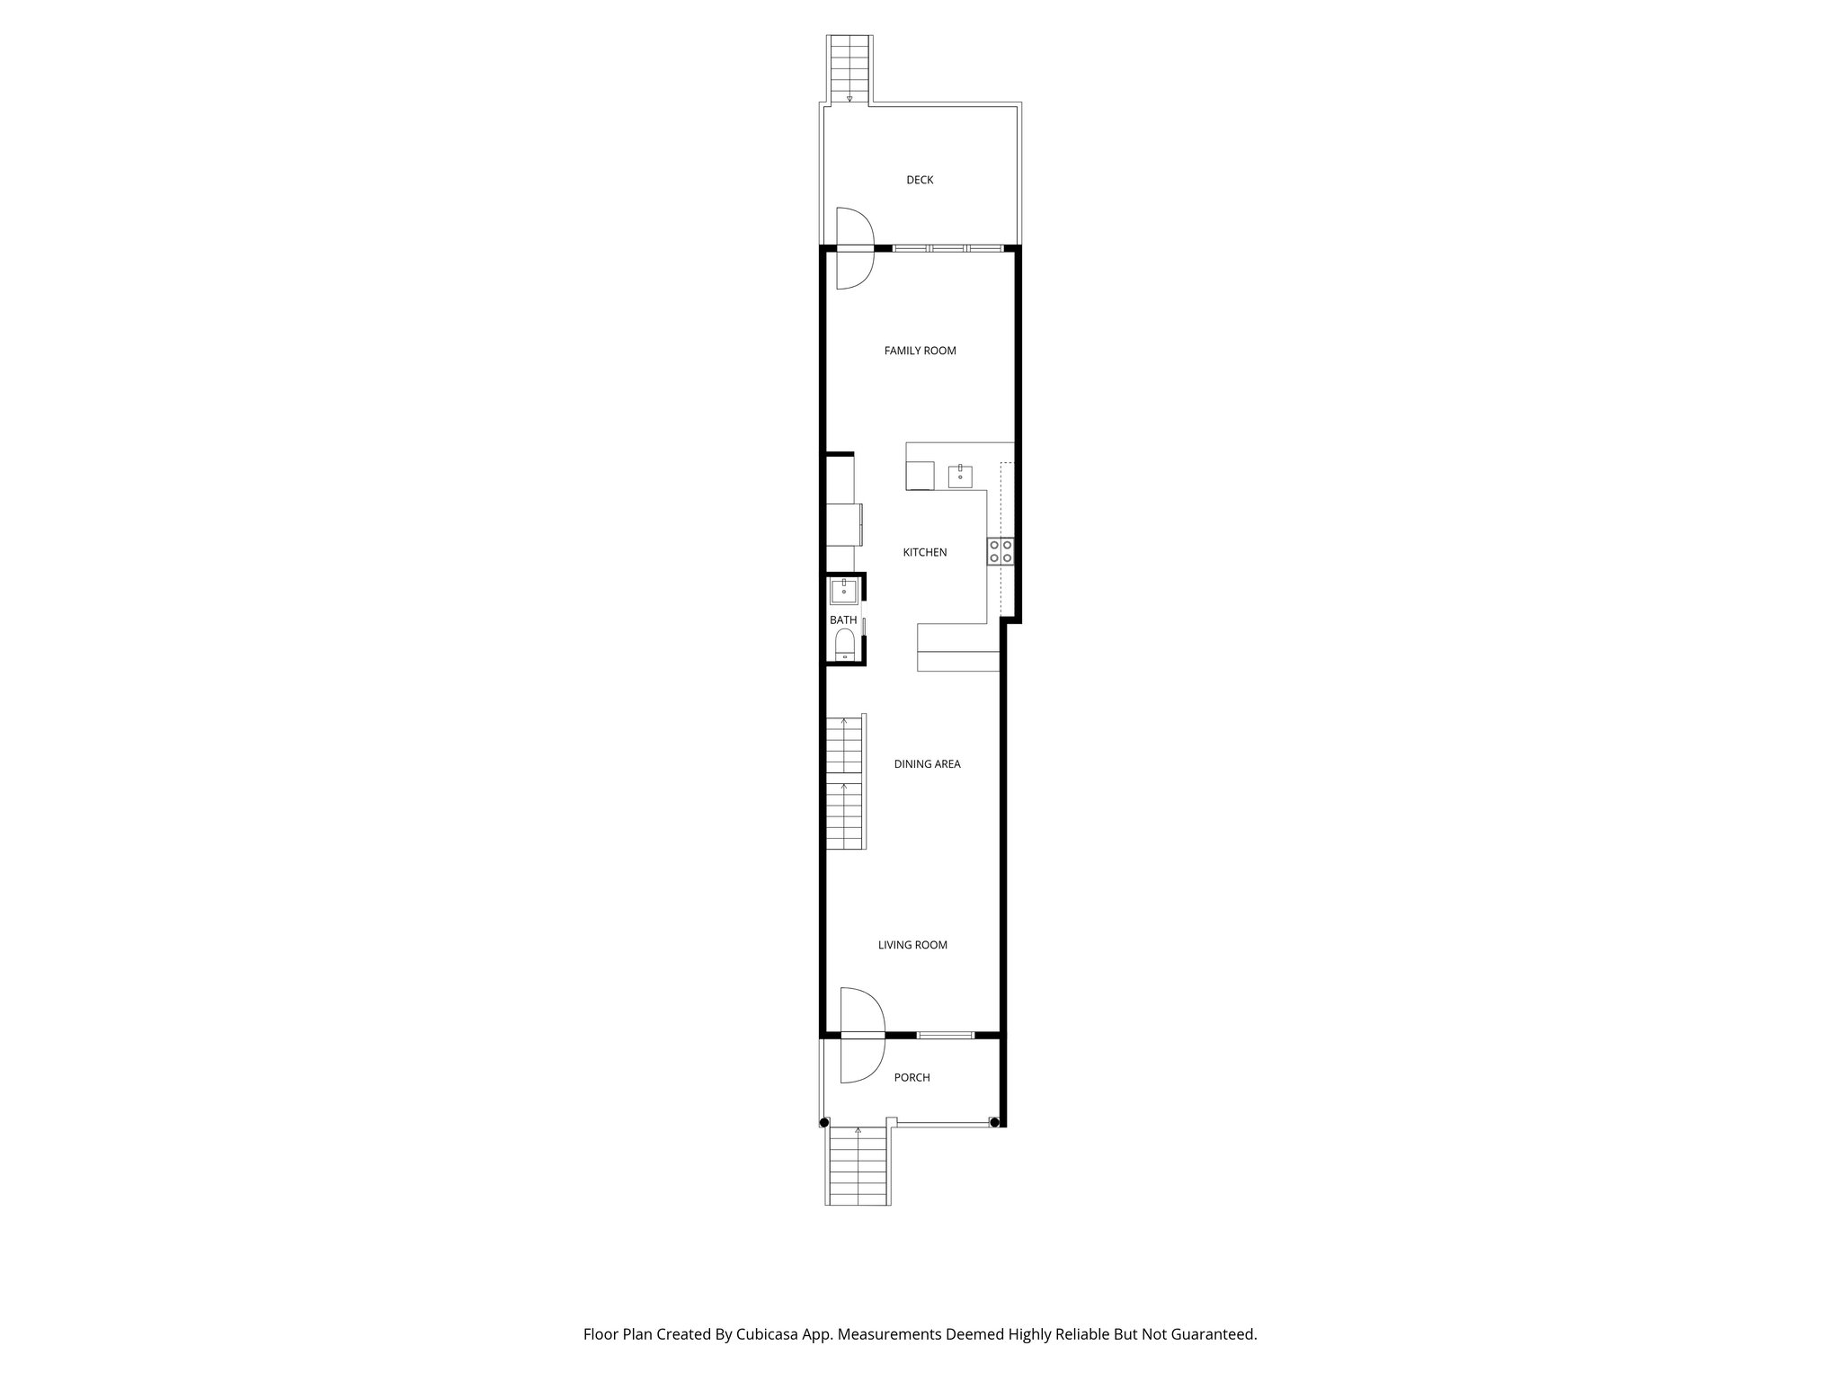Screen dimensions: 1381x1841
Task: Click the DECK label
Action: point(920,180)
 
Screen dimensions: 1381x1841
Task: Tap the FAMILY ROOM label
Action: point(920,351)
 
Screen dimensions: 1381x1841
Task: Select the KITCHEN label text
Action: point(924,552)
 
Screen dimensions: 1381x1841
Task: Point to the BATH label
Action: point(843,620)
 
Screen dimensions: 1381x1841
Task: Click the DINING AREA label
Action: point(927,764)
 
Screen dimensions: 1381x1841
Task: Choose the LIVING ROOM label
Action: point(912,945)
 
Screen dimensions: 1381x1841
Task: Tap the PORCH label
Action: point(912,1077)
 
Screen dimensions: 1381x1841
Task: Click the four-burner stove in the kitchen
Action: point(1001,551)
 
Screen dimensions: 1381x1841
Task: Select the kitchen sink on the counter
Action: point(961,475)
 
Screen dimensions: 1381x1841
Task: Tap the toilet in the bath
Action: point(844,646)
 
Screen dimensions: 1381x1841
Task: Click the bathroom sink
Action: point(843,591)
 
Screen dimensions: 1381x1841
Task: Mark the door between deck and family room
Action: point(855,247)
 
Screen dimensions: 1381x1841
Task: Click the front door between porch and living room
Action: point(863,1036)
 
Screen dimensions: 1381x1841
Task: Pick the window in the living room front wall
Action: point(945,1036)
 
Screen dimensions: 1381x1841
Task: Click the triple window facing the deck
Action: point(947,247)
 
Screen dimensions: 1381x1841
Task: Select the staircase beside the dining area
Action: point(845,782)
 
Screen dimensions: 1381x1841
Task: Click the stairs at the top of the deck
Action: point(849,68)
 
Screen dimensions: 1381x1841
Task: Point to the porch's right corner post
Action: point(993,1121)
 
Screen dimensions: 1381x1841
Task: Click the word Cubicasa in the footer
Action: point(769,1334)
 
